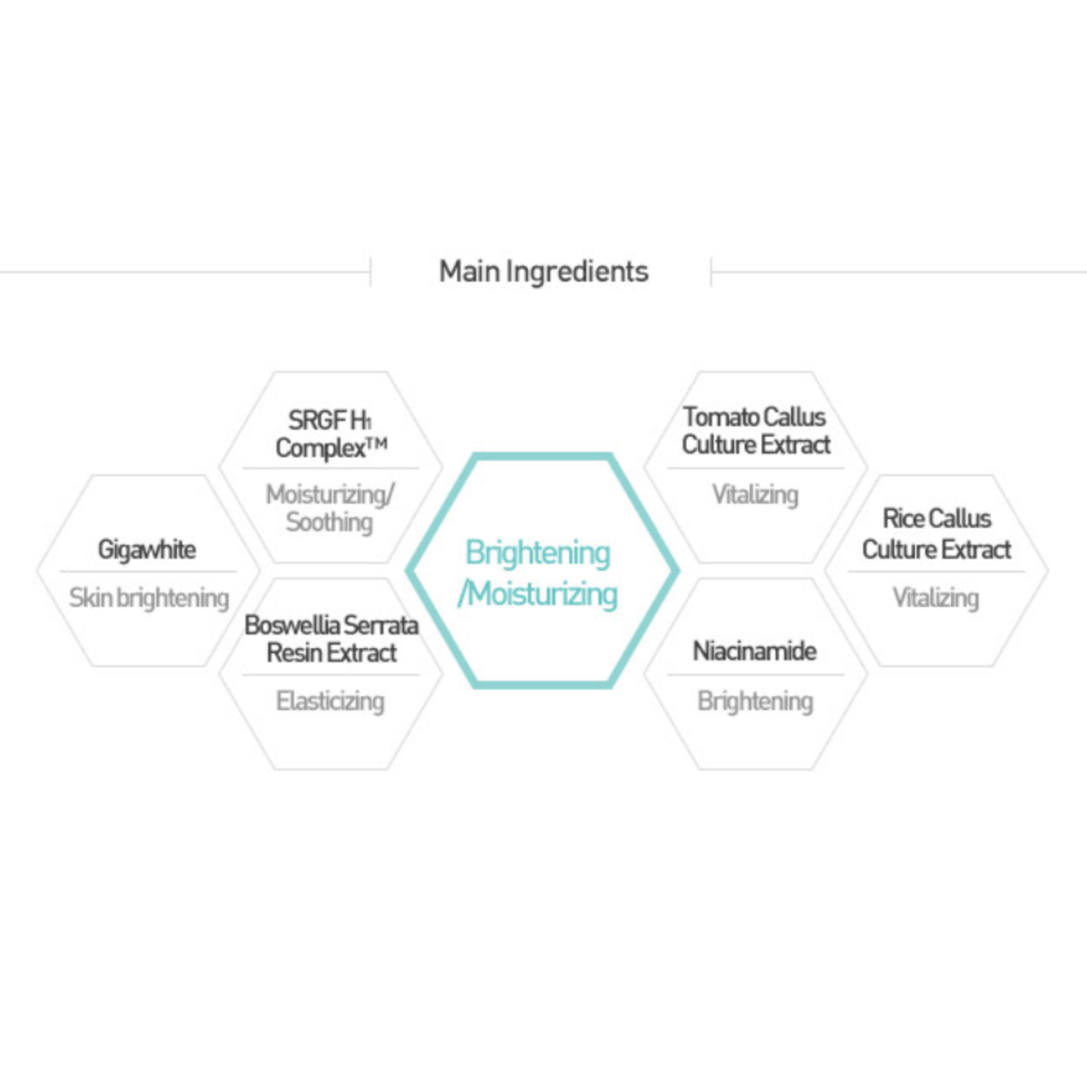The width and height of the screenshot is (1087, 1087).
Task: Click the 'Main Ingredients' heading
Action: pyautogui.click(x=543, y=272)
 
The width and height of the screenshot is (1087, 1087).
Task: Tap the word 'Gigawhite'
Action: pyautogui.click(x=147, y=550)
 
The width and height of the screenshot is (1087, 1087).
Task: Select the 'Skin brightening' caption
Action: pyautogui.click(x=149, y=598)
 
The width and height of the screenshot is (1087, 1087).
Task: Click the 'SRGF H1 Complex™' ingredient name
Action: pyautogui.click(x=332, y=435)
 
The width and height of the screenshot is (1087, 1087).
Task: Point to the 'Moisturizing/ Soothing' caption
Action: pyautogui.click(x=330, y=507)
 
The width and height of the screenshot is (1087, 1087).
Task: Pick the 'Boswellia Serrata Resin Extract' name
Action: pyautogui.click(x=332, y=640)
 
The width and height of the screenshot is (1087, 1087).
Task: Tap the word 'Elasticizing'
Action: pyautogui.click(x=330, y=701)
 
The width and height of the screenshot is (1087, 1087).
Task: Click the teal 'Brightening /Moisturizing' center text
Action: pyautogui.click(x=537, y=573)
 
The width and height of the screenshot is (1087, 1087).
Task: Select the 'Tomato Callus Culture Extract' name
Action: pyautogui.click(x=755, y=431)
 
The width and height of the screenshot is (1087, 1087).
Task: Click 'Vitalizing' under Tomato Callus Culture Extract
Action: pyautogui.click(x=755, y=495)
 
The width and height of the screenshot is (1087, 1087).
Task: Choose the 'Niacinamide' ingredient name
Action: pyautogui.click(x=755, y=651)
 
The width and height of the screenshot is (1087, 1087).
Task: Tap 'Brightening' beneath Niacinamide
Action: pyautogui.click(x=755, y=702)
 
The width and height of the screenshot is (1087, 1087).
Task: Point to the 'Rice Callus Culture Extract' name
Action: pyautogui.click(x=937, y=534)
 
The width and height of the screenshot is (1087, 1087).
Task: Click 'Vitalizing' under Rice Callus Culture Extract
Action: pyautogui.click(x=936, y=598)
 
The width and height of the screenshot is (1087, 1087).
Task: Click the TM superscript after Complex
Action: pyautogui.click(x=377, y=444)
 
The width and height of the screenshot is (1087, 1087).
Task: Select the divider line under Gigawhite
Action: pyautogui.click(x=149, y=572)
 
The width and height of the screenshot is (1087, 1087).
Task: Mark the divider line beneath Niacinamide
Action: pyautogui.click(x=755, y=675)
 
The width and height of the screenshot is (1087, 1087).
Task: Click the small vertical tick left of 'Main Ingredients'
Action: pyautogui.click(x=370, y=272)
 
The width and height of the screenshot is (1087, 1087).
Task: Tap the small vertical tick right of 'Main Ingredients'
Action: pyautogui.click(x=711, y=272)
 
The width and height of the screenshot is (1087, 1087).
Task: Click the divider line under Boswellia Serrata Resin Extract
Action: pyautogui.click(x=331, y=675)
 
